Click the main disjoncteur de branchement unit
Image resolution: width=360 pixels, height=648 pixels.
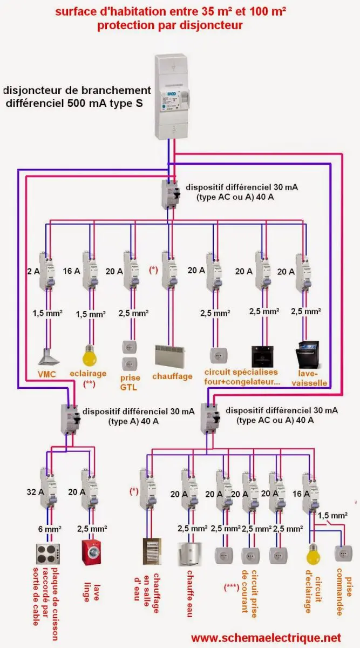click(x=174, y=95)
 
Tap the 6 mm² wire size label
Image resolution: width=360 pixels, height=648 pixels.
click(x=49, y=528)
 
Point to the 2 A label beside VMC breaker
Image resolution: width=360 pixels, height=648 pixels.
click(x=32, y=271)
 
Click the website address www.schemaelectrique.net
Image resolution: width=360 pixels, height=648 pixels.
click(x=266, y=638)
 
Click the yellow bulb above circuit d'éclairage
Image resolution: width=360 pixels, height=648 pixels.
click(x=311, y=553)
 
